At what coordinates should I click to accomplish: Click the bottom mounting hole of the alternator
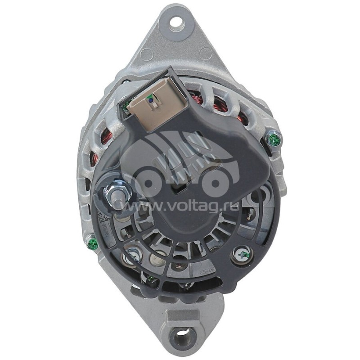point(182,335)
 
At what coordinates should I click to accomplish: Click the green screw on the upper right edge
point(274,140)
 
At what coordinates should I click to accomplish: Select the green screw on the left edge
point(93,244)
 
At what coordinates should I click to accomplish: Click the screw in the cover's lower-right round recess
point(243,255)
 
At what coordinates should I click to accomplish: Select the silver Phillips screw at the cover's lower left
point(132,256)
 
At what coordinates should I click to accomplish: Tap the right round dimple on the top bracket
point(205,53)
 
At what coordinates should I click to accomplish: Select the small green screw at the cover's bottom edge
point(151,280)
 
